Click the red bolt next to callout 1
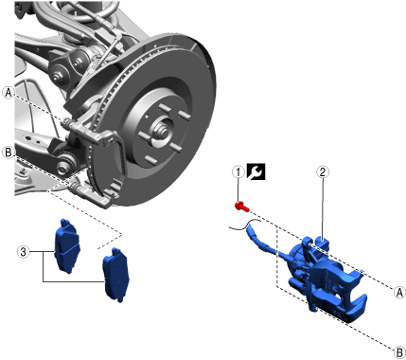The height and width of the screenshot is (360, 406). (242, 207)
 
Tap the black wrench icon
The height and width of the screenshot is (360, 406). (256, 171)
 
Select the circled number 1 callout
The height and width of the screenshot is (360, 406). (238, 172)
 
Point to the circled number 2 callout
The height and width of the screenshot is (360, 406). (323, 172)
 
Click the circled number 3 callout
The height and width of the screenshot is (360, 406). (24, 252)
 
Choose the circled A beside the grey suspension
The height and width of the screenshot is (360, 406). (9, 93)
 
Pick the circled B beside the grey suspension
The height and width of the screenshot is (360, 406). (9, 153)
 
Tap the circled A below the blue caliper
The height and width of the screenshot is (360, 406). (399, 293)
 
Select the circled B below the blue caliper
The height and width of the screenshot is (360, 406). (399, 352)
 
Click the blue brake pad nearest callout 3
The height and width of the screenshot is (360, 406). (67, 245)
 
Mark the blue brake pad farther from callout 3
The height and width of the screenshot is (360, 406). (116, 274)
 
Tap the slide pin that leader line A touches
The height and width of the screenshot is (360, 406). (68, 123)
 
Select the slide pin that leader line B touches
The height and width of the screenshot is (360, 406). (76, 188)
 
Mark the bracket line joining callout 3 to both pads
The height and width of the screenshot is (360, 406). (44, 266)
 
